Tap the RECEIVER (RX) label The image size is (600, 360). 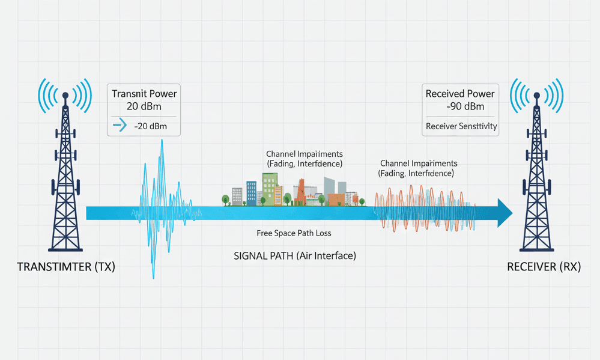pos(544,267)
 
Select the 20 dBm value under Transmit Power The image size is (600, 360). pos(145,106)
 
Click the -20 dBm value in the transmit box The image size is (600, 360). pos(150,126)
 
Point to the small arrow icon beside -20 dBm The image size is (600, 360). pos(120,126)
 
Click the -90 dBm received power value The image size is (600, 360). pos(460,106)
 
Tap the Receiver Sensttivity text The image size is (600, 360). pos(460,126)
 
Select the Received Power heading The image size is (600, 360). pos(460,94)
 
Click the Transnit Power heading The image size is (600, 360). pos(145,94)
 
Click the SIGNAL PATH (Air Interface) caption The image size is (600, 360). pos(294,255)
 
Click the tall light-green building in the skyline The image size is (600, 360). pos(269,188)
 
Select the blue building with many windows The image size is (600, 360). pos(252,192)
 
